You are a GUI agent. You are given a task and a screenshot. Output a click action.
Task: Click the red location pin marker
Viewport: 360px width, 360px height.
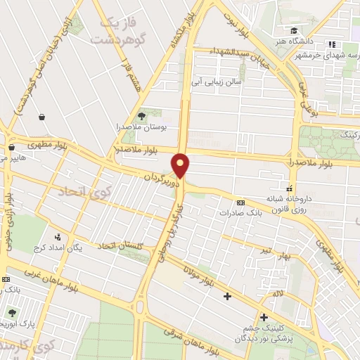point(181,165)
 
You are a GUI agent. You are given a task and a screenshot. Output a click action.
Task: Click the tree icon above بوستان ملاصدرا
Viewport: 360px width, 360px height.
point(142,115)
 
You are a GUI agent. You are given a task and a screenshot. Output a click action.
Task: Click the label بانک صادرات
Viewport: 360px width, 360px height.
point(240,212)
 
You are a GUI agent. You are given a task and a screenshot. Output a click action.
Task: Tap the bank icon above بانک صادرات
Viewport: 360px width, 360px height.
point(241,201)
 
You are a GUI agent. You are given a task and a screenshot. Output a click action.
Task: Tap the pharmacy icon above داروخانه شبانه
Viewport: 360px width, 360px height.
point(289,188)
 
